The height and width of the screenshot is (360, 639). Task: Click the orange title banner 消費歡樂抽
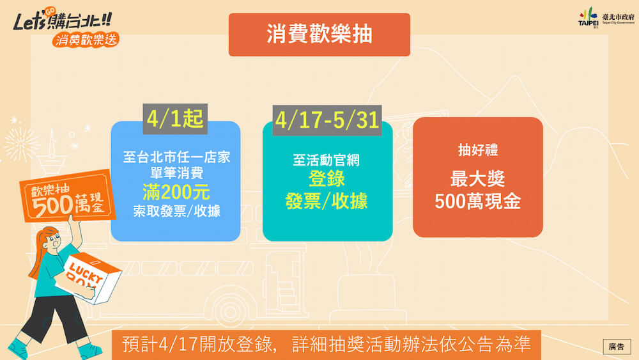tap(319, 35)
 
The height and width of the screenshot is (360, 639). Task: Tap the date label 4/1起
tap(175, 119)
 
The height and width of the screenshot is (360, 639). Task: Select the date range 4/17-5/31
tap(327, 120)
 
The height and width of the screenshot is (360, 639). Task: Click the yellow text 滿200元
tap(176, 192)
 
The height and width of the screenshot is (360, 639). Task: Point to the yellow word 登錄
tap(327, 178)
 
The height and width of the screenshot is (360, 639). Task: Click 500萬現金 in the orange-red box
tap(477, 201)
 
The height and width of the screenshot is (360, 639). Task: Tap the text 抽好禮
tap(477, 150)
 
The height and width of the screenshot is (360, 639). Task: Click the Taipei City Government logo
tap(606, 18)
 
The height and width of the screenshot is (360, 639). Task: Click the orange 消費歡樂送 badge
tap(86, 40)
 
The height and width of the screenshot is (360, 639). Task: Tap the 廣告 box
tap(617, 347)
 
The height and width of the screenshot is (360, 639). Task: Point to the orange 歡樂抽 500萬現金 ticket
tap(67, 196)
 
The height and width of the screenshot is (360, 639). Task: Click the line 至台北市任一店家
tap(176, 157)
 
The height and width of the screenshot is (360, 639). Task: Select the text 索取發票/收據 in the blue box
tap(176, 211)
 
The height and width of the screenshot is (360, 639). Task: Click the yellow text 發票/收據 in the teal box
tap(327, 201)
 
